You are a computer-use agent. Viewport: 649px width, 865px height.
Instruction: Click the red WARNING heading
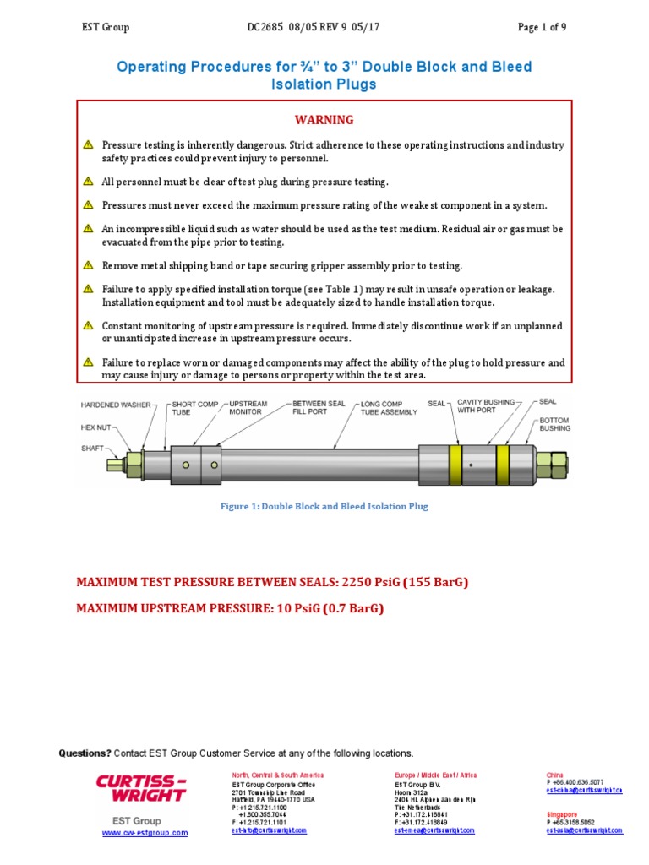(324, 120)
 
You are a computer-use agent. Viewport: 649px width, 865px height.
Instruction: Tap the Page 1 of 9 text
(542, 27)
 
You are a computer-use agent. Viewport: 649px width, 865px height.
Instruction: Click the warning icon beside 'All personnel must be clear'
(88, 182)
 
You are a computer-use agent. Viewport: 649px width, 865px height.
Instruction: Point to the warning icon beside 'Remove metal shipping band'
(88, 265)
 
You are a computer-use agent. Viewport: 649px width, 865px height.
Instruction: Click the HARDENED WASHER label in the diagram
(116, 405)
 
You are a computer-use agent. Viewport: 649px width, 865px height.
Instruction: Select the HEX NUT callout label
(95, 427)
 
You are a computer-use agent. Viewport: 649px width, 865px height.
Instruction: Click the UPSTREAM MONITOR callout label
(248, 409)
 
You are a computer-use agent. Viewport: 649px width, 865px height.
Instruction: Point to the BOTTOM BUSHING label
(554, 423)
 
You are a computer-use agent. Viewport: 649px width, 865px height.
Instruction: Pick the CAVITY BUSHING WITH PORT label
(485, 407)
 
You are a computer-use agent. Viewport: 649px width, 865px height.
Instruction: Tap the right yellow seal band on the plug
(503, 465)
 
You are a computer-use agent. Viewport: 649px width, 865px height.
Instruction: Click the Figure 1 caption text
(324, 506)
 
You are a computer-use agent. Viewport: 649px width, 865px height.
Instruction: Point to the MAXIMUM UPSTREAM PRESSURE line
(230, 607)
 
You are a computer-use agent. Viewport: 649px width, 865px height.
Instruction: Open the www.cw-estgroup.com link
(145, 833)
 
